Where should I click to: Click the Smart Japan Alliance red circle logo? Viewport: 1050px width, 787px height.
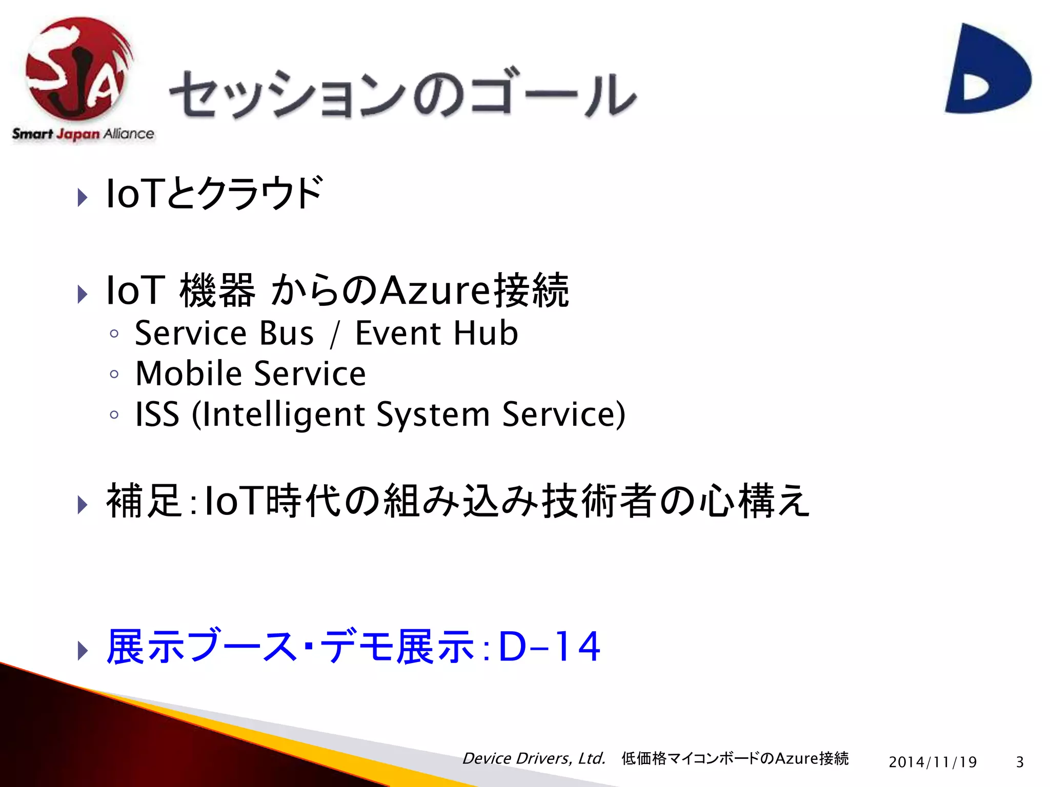pyautogui.click(x=77, y=69)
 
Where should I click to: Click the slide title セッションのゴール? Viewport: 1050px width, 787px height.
pyautogui.click(x=402, y=95)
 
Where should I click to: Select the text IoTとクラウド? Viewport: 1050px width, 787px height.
pyautogui.click(x=214, y=193)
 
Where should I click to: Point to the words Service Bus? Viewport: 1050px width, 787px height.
pyautogui.click(x=224, y=334)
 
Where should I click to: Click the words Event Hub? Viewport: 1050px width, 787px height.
pyautogui.click(x=436, y=334)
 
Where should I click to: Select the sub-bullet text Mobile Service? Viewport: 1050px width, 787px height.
pyautogui.click(x=250, y=374)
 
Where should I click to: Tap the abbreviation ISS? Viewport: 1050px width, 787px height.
pyautogui.click(x=157, y=414)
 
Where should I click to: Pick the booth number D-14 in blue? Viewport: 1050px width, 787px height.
pyautogui.click(x=549, y=647)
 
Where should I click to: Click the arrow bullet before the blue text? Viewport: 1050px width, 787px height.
pyautogui.click(x=82, y=650)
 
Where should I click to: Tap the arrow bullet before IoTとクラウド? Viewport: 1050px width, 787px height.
pyautogui.click(x=82, y=197)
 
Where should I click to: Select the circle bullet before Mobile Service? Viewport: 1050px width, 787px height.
pyautogui.click(x=114, y=374)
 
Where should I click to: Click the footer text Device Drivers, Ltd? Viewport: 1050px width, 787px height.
pyautogui.click(x=534, y=758)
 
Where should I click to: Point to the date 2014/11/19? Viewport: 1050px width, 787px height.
pyautogui.click(x=933, y=762)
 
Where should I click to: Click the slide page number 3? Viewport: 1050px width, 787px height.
pyautogui.click(x=1020, y=762)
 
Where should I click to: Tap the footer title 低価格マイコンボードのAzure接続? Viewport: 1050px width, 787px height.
pyautogui.click(x=735, y=758)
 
